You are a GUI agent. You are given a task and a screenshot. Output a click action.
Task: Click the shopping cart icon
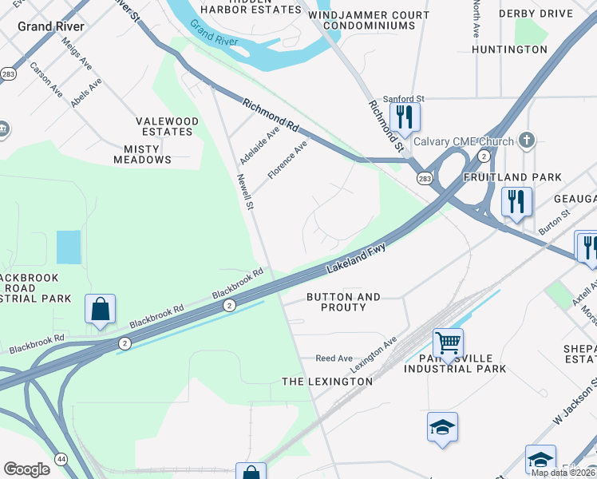click(x=448, y=343)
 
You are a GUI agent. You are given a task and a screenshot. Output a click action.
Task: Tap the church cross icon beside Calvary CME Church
click(x=525, y=140)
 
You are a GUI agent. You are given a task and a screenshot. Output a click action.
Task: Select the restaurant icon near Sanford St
click(x=405, y=117)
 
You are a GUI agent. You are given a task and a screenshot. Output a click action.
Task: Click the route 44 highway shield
click(x=61, y=458)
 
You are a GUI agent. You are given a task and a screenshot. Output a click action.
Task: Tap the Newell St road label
click(x=244, y=192)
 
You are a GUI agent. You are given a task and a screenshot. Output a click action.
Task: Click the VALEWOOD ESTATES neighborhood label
click(x=169, y=126)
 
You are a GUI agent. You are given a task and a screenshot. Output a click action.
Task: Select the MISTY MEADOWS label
click(x=148, y=154)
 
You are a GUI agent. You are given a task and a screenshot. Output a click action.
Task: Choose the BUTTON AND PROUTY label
click(x=343, y=302)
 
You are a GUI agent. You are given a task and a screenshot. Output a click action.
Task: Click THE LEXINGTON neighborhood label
click(x=327, y=382)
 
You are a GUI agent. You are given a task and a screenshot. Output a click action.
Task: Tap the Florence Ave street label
click(x=287, y=160)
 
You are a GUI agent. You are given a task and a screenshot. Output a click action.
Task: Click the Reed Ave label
click(x=334, y=358)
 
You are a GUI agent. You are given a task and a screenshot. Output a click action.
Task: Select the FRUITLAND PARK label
click(x=524, y=177)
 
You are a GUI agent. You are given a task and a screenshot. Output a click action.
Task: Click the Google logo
click(x=27, y=469)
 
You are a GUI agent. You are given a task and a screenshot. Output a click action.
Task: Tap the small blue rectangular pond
click(x=69, y=247)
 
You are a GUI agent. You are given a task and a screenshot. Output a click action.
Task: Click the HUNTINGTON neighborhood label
click(x=509, y=49)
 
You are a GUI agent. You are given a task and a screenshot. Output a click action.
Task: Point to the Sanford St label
click(x=403, y=98)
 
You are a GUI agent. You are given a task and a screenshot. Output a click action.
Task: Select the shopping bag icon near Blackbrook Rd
click(x=100, y=309)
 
